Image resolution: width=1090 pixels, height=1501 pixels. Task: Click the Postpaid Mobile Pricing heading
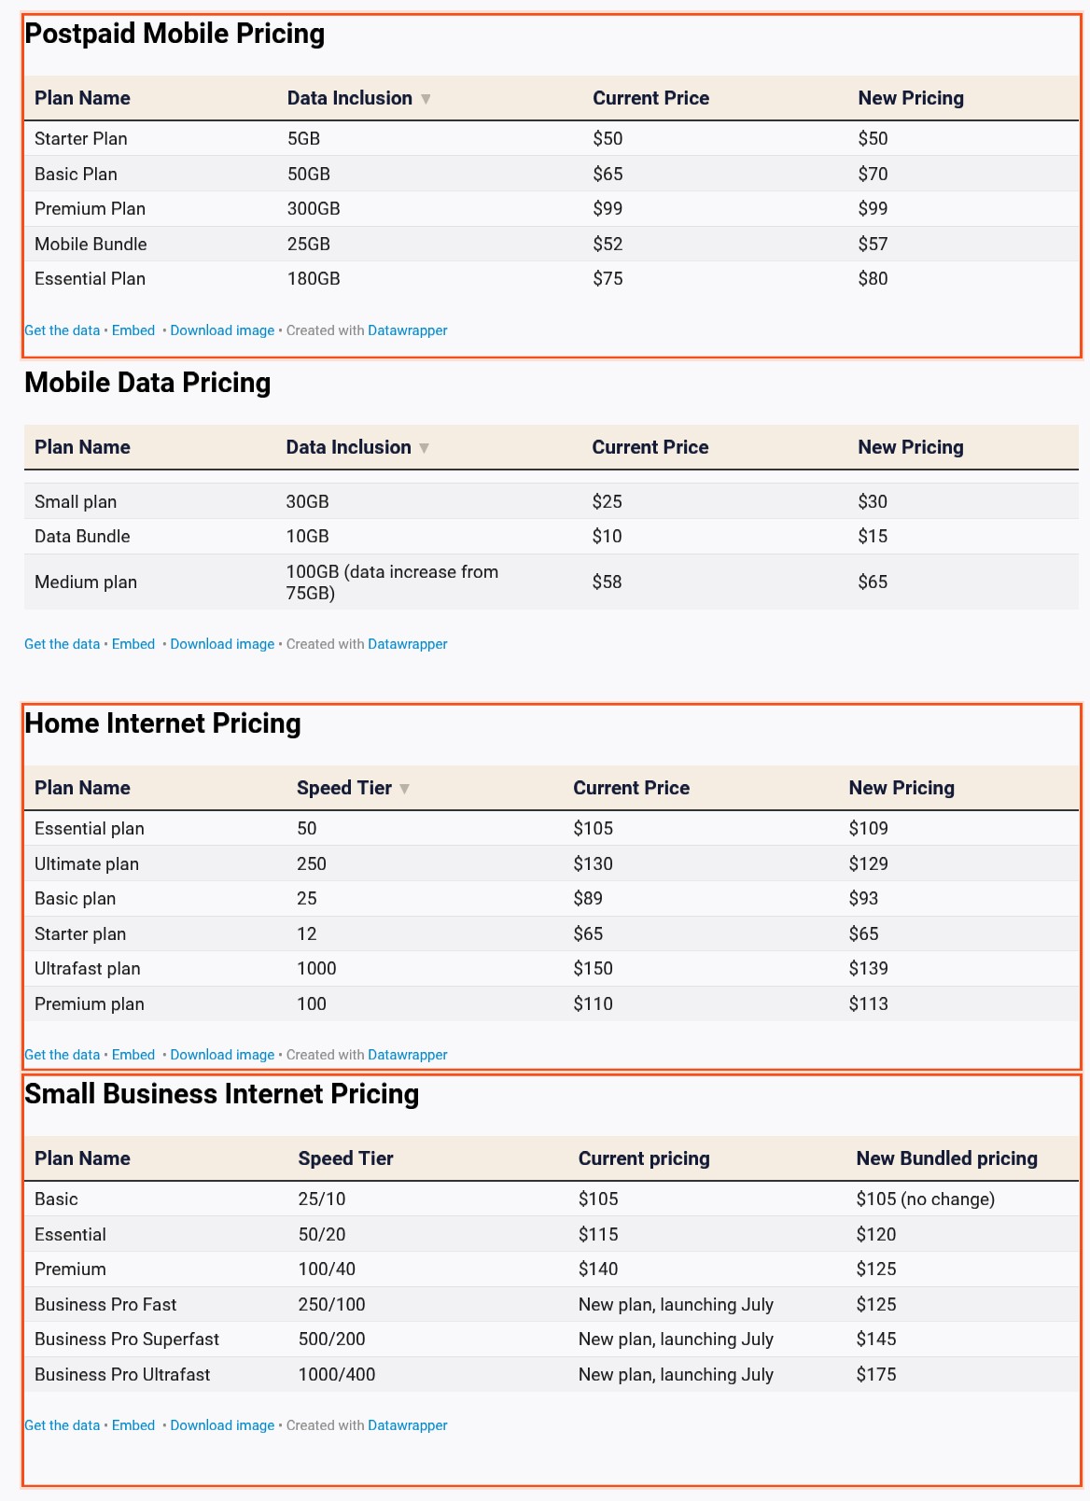tap(175, 34)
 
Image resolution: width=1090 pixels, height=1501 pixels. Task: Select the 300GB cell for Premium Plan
tap(314, 208)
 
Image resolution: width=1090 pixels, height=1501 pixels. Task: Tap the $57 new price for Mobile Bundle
tap(873, 244)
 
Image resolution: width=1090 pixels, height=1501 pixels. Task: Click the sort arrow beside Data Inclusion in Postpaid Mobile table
tap(426, 99)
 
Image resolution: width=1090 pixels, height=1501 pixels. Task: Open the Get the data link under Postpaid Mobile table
tap(62, 330)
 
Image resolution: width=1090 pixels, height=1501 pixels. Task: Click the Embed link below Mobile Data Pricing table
tap(133, 644)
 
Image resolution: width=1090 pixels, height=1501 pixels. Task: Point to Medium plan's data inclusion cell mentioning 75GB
tap(392, 582)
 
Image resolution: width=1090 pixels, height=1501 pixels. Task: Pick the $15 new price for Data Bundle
tap(873, 536)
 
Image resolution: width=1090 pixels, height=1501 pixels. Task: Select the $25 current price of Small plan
tap(607, 501)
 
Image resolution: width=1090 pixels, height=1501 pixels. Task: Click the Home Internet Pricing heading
tap(162, 723)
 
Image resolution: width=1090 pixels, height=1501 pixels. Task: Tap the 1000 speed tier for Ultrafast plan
tap(316, 968)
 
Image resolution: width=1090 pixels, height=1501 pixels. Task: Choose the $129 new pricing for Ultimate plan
tap(868, 863)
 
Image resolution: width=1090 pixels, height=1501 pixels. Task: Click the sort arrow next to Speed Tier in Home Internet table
tap(404, 789)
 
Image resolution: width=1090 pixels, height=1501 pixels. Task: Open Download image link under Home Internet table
tap(222, 1055)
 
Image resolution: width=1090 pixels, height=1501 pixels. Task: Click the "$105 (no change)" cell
tap(925, 1199)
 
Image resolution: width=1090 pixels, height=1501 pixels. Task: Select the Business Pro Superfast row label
tap(127, 1339)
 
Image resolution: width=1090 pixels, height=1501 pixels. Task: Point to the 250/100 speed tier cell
tap(331, 1304)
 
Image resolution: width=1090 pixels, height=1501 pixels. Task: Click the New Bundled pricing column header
tap(946, 1158)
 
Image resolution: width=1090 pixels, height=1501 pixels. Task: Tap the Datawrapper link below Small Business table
tap(408, 1425)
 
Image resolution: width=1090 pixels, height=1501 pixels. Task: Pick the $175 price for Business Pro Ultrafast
tap(876, 1374)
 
